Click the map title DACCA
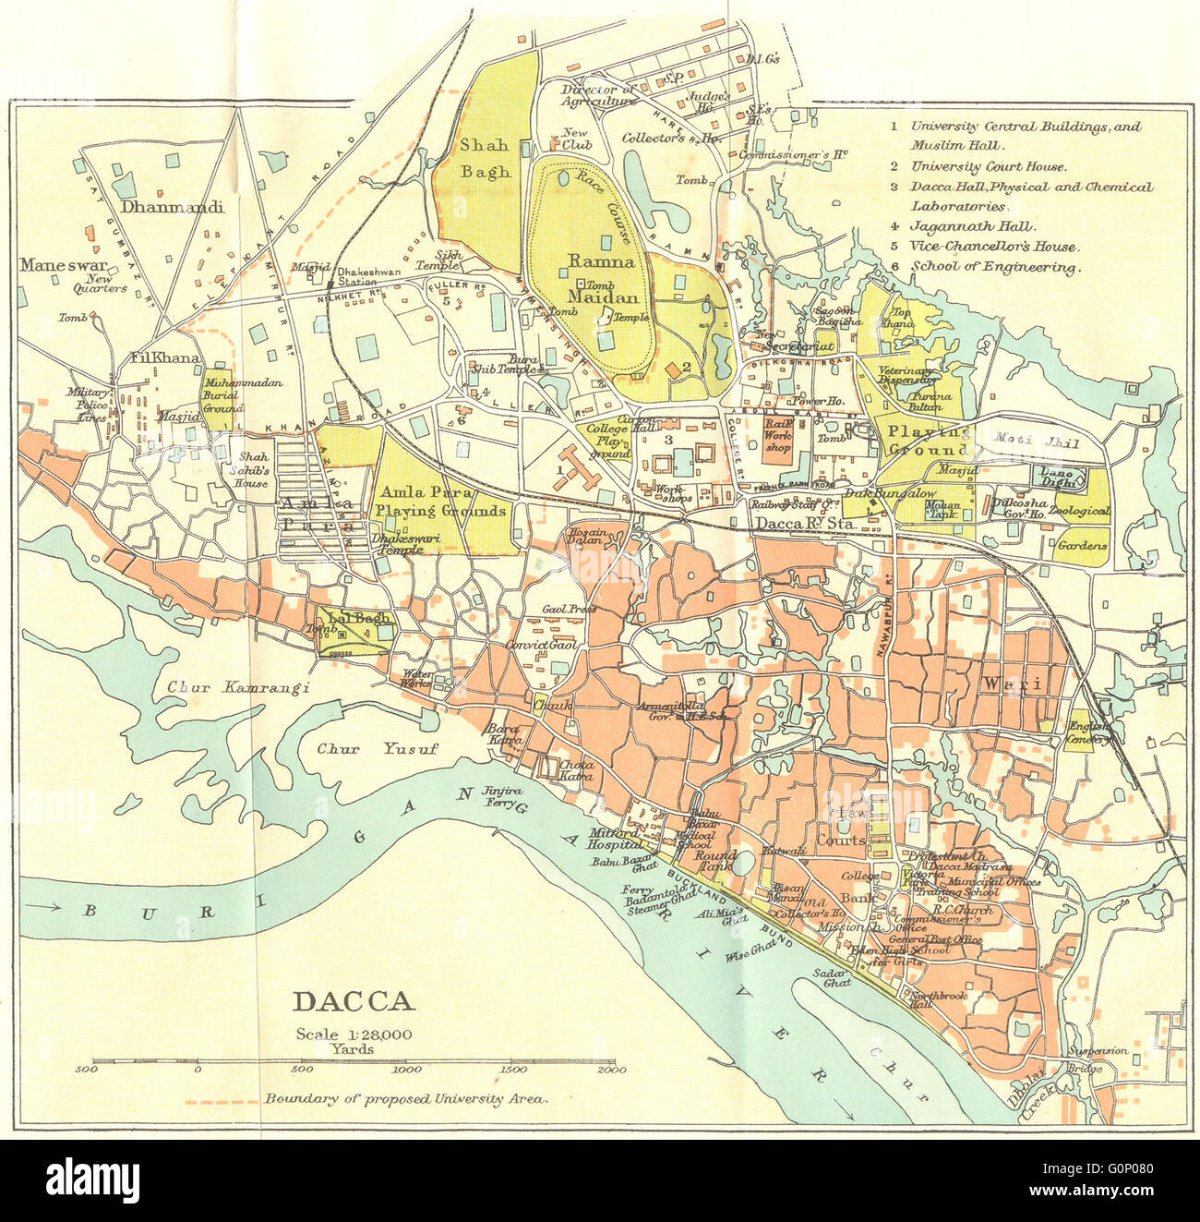354,1002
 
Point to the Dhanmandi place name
172,208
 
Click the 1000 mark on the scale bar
407,1069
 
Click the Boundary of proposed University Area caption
406,1099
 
